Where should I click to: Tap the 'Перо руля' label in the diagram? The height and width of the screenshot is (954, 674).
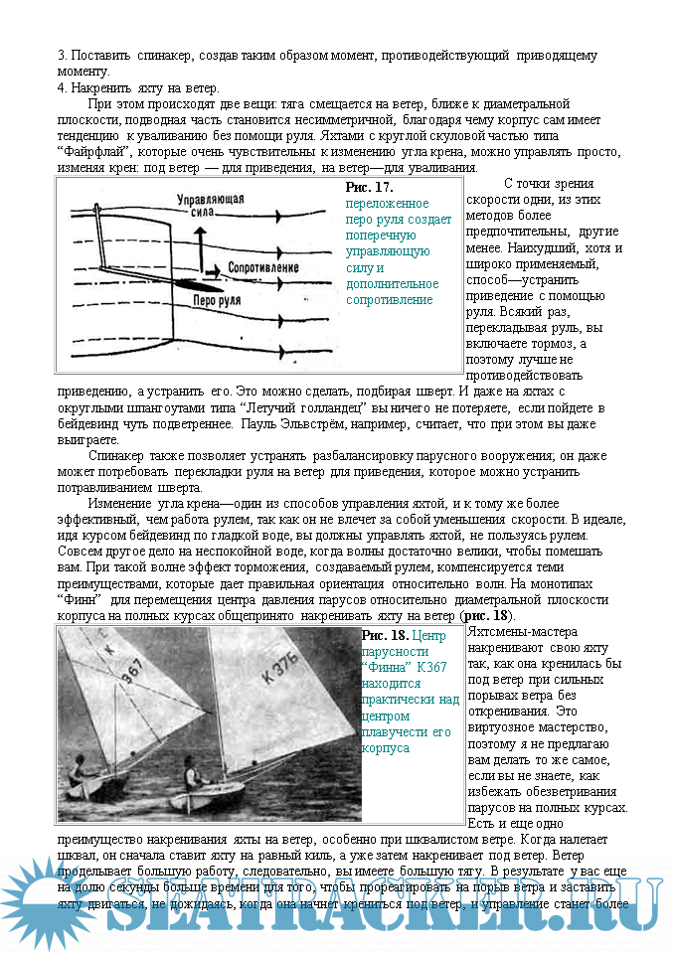[x=219, y=298]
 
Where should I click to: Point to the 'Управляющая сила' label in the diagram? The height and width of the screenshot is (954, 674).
[x=211, y=205]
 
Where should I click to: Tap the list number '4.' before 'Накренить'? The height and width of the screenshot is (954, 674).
[x=62, y=87]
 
